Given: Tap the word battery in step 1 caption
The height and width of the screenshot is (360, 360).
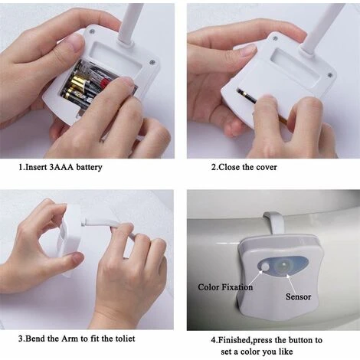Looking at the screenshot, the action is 89,168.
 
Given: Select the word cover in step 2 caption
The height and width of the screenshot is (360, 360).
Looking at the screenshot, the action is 267,167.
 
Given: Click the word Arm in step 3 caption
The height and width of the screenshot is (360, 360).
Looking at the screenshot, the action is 70,339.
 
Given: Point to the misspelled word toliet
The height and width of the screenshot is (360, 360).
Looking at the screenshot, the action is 124,339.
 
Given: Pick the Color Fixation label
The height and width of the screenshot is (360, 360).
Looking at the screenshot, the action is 225,287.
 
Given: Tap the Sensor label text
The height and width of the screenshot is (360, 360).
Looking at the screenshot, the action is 298,296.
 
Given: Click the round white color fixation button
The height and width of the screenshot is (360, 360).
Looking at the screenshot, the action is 265,267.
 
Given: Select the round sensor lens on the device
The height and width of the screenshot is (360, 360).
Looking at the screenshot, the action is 283,265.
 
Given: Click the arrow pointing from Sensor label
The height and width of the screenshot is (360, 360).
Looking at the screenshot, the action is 291,283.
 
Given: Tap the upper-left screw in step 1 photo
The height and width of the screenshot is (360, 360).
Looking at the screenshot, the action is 92,31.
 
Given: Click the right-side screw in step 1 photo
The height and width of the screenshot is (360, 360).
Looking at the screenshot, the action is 152,62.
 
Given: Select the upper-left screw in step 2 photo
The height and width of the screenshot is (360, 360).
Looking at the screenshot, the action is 275,38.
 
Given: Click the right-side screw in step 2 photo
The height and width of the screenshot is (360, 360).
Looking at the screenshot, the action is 330,75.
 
